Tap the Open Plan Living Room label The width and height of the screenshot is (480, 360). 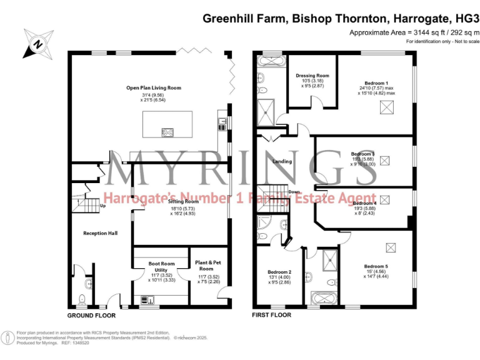click(x=153, y=88)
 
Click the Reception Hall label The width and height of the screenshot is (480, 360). click(x=101, y=233)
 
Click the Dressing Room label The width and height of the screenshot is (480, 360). click(x=312, y=75)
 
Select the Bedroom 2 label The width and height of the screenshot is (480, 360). click(x=279, y=272)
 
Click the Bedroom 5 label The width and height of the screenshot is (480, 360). click(x=376, y=266)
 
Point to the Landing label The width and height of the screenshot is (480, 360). click(x=282, y=161)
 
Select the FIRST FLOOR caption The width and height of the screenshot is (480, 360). click(x=271, y=316)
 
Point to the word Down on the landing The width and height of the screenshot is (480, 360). click(x=294, y=192)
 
